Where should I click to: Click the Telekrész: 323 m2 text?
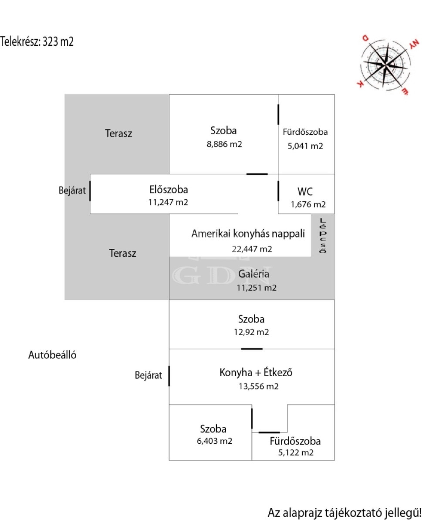[x=37, y=41]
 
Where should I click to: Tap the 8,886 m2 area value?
[x=224, y=144]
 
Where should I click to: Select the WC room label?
[x=305, y=191]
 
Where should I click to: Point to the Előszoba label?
[x=168, y=189]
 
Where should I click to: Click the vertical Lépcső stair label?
[x=322, y=236]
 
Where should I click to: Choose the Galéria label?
[x=253, y=274]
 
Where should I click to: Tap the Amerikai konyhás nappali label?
[x=248, y=234]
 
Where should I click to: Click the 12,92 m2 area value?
[x=251, y=332]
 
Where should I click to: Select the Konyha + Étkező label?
[x=256, y=372]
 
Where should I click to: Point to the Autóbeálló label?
[x=52, y=355]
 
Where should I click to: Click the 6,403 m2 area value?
[x=214, y=441]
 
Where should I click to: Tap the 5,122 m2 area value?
[x=296, y=453]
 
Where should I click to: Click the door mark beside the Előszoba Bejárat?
[x=90, y=191]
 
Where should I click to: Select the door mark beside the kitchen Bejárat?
[x=169, y=376]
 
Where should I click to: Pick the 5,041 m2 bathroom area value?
[x=305, y=146]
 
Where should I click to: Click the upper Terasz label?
[x=118, y=133]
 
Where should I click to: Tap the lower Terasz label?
[x=122, y=253]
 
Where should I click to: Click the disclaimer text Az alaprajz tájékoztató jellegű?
[x=345, y=513]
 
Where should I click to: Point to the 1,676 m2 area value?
[x=308, y=204]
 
